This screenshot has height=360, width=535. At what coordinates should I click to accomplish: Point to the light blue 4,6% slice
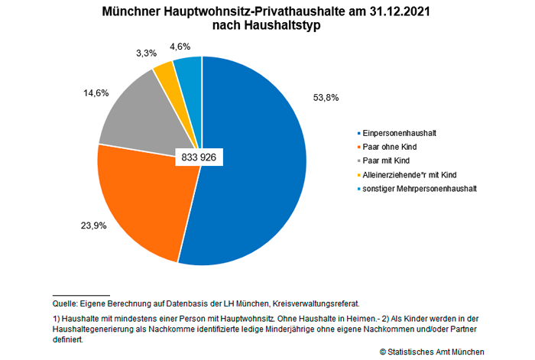coord(188,69)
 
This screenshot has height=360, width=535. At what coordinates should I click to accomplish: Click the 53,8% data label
coord(326,98)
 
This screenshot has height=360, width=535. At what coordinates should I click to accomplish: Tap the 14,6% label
coord(96,92)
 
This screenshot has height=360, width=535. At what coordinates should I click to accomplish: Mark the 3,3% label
coord(145,54)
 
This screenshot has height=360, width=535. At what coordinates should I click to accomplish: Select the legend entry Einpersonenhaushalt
coord(394,133)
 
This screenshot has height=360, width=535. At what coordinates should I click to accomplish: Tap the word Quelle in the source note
coord(66,303)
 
